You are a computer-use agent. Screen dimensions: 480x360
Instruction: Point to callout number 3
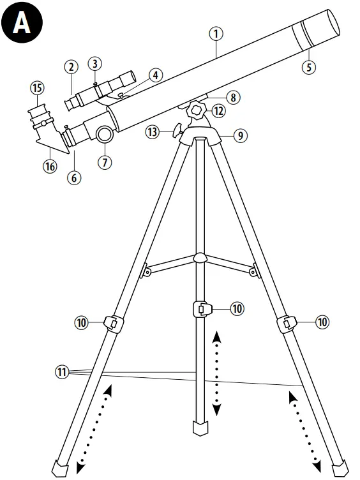[94, 64]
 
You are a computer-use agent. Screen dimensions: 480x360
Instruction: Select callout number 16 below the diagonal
[50, 166]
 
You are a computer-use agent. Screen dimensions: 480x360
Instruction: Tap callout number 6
[75, 178]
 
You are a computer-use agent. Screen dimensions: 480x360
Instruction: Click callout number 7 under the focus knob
[105, 161]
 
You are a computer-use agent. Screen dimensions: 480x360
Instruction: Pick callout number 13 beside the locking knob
[151, 132]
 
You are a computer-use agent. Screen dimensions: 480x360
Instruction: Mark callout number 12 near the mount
[218, 111]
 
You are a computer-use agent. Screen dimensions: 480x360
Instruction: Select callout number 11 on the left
[62, 371]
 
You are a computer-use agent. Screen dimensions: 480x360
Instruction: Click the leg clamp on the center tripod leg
[202, 310]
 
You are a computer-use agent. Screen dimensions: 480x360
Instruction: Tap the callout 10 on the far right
[322, 322]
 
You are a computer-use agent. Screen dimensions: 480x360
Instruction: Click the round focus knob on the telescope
[105, 133]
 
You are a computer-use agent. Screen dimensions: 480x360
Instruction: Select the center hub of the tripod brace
[200, 258]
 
